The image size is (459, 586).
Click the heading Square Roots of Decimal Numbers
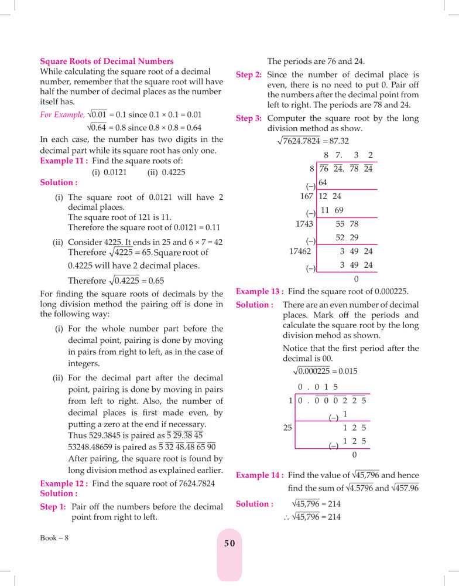(107, 61)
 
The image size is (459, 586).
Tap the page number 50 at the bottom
(229, 543)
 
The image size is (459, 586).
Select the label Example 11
(63, 161)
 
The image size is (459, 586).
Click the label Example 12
(63, 483)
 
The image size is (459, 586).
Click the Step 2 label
(248, 75)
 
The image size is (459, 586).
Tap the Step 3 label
(248, 118)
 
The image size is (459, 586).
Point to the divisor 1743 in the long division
(304, 223)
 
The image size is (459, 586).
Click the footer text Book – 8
(54, 538)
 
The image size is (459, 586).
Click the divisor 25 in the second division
(287, 428)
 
